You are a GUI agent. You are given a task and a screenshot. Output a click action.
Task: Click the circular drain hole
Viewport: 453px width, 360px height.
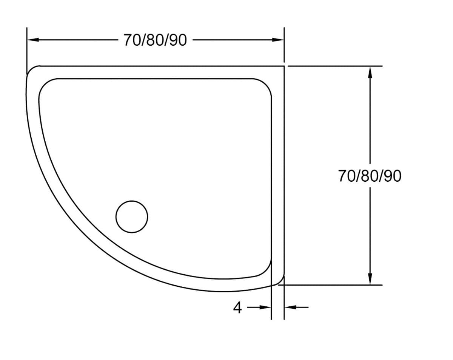(x=132, y=216)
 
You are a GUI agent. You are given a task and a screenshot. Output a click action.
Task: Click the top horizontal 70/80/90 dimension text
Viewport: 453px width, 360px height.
(x=155, y=40)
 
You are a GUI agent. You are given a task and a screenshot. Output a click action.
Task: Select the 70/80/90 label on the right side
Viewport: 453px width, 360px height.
(x=370, y=176)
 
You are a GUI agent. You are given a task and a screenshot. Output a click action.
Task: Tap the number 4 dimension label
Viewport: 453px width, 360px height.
(x=237, y=308)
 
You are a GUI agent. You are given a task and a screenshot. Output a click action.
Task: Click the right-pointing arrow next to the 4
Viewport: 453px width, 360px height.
(x=266, y=307)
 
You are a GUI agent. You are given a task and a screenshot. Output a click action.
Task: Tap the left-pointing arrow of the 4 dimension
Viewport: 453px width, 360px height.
(x=290, y=307)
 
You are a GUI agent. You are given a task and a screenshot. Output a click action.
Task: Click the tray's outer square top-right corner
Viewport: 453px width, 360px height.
(x=284, y=66)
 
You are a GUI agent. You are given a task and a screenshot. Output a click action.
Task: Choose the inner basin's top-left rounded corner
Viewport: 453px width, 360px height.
(x=45, y=85)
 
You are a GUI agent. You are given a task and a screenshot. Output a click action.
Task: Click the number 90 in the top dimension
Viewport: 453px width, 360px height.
(x=177, y=40)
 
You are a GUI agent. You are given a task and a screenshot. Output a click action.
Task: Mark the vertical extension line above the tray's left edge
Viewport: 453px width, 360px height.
(x=27, y=49)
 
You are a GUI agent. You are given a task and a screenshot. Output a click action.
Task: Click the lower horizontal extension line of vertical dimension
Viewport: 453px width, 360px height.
(x=332, y=285)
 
